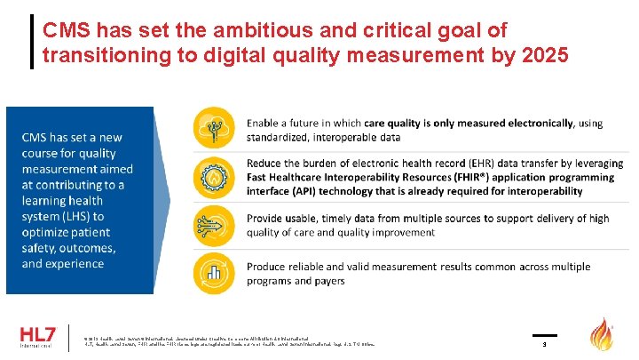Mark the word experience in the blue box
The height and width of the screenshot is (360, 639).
click(x=74, y=264)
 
